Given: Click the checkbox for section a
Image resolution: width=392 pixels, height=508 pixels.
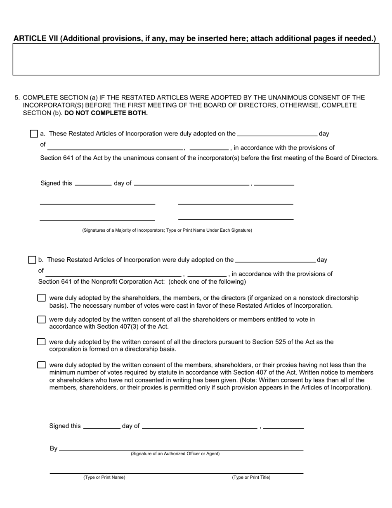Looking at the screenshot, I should [x=34, y=134].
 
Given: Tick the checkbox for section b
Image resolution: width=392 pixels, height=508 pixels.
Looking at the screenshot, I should [x=32, y=260].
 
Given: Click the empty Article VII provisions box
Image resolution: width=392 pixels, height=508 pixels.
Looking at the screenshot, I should [x=196, y=59].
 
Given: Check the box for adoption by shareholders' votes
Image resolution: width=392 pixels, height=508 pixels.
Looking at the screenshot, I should [x=41, y=298].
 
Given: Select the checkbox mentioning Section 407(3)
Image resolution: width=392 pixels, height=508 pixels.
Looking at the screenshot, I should [x=41, y=320].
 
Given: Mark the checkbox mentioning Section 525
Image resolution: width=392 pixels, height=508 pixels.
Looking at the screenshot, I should [x=41, y=342].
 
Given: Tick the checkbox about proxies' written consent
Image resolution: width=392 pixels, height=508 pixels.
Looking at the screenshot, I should [x=41, y=365].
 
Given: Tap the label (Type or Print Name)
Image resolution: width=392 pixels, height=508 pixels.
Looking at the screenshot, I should [x=104, y=477].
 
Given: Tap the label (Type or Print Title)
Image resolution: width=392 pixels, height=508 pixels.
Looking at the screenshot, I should [x=251, y=477].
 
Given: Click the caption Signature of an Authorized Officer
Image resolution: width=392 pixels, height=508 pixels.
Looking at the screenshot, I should [x=175, y=454].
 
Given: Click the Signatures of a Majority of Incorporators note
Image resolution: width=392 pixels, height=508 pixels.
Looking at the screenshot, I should [x=167, y=230].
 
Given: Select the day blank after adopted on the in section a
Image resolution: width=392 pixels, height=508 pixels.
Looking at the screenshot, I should [x=277, y=133].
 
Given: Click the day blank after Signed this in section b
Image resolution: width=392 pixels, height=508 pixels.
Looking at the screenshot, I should [x=102, y=426].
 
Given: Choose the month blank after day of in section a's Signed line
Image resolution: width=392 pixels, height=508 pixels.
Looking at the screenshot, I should [x=191, y=183].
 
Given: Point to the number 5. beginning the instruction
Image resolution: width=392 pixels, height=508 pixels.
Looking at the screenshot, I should [x=17, y=98].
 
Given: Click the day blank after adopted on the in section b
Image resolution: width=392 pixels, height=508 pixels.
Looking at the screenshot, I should [x=275, y=259].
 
